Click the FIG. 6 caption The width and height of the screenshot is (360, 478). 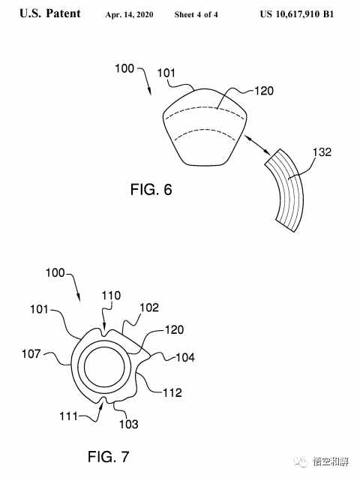(151, 190)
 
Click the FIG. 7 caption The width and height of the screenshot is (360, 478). (109, 457)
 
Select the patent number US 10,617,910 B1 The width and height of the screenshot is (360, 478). (297, 14)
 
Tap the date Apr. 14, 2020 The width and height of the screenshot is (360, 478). (129, 14)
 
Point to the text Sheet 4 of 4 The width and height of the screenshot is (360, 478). (196, 14)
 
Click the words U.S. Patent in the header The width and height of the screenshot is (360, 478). (50, 14)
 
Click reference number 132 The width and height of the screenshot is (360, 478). (322, 152)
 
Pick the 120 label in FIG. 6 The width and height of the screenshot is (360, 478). (264, 91)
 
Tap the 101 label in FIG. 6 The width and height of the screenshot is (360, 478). (166, 74)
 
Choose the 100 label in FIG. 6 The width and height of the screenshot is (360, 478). (124, 68)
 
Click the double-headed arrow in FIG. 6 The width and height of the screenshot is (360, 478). (258, 146)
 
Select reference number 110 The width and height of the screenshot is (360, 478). (111, 296)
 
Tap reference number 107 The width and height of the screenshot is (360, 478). (31, 354)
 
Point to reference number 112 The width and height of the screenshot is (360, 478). (172, 392)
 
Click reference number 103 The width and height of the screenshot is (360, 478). (128, 424)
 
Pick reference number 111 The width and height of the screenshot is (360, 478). (68, 416)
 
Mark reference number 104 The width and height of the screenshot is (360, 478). (185, 357)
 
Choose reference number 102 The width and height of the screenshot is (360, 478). (149, 308)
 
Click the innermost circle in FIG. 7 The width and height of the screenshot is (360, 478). (84, 367)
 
